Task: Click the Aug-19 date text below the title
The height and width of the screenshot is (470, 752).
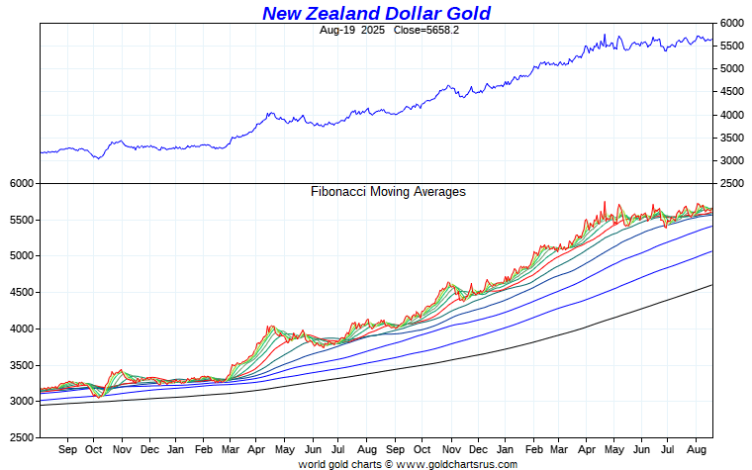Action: click(x=338, y=30)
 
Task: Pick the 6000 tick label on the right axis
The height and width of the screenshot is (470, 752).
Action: click(x=731, y=23)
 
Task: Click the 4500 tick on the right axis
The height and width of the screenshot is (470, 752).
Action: click(x=731, y=92)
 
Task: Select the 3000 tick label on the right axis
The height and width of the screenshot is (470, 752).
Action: click(x=731, y=160)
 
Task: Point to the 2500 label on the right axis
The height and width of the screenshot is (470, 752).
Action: click(x=731, y=184)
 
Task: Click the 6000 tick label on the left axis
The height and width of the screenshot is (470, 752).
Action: click(x=22, y=184)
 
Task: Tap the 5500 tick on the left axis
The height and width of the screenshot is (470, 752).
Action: click(x=22, y=220)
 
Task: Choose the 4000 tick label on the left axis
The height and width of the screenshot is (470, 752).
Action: click(x=22, y=329)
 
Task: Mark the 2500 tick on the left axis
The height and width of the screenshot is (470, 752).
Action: click(x=22, y=436)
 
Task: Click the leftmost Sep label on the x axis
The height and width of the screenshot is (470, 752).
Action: click(x=68, y=449)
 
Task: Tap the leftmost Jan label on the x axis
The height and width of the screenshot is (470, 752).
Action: click(x=176, y=449)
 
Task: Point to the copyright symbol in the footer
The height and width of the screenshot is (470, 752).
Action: click(x=389, y=463)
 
